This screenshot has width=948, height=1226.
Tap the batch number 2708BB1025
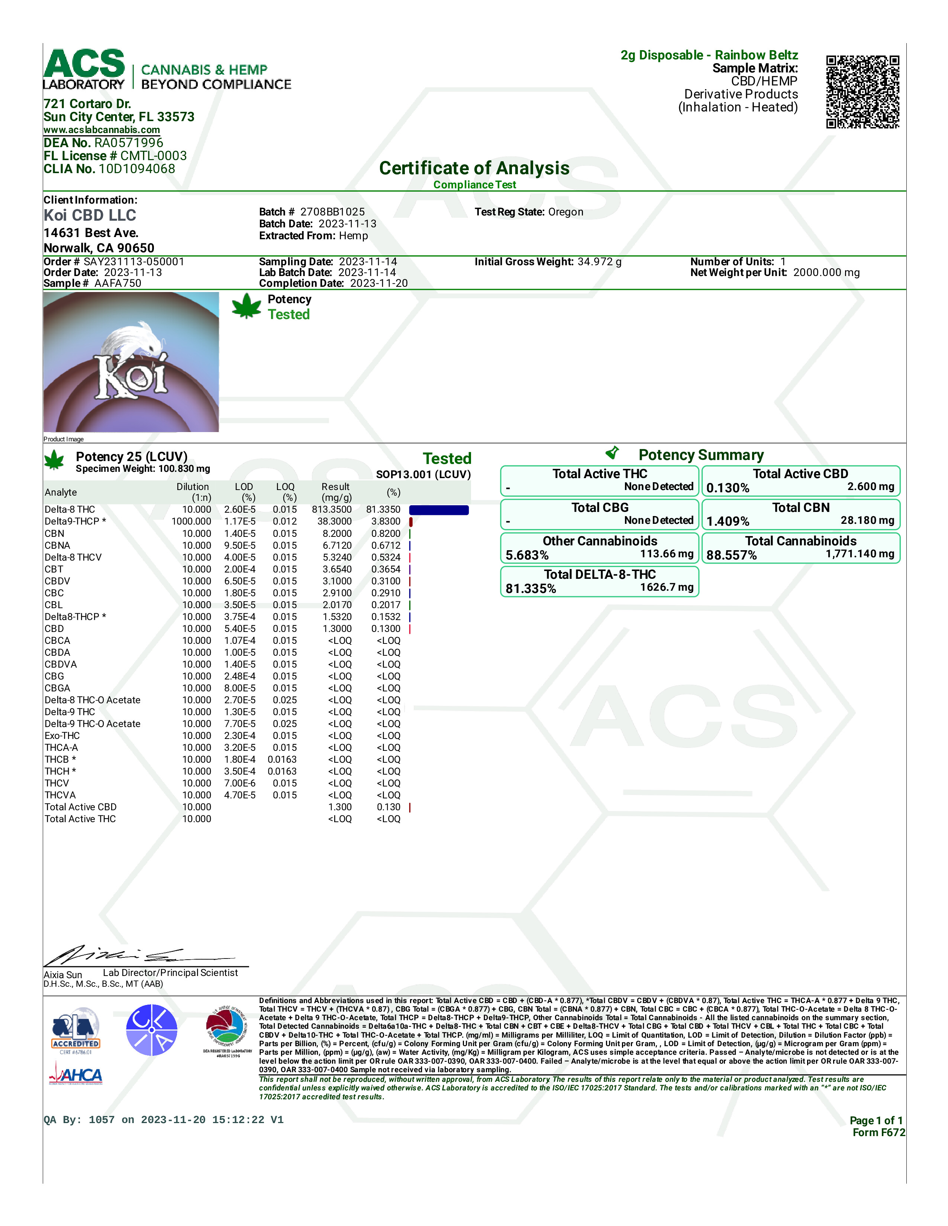[332, 212]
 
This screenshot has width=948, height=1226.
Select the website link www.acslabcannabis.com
[101, 130]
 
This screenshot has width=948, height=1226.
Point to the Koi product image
[131, 362]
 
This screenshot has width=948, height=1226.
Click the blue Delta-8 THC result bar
[439, 510]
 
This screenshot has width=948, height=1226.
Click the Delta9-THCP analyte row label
[75, 522]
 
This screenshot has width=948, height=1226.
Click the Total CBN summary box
[800, 514]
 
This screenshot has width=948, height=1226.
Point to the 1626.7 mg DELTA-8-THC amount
[667, 587]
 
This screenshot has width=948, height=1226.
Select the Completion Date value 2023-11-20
[378, 283]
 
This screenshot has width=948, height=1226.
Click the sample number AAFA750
[118, 283]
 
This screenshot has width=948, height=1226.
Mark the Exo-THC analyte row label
[62, 736]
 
